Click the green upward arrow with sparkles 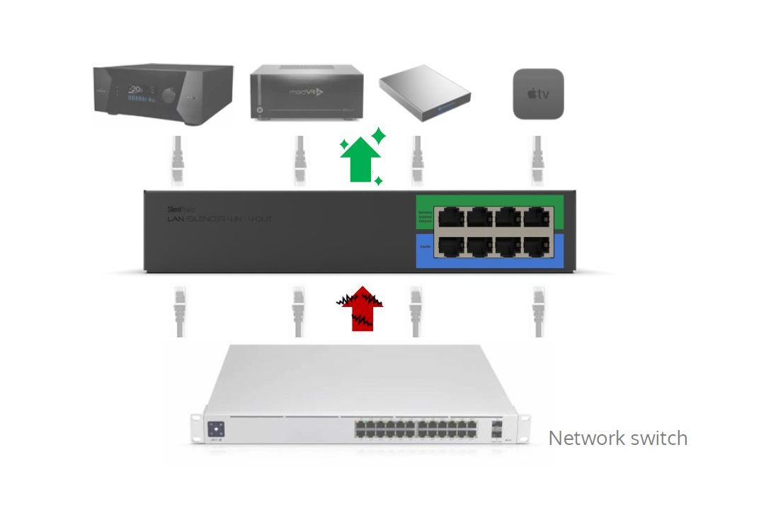[x=361, y=160]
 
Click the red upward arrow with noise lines [x=361, y=308]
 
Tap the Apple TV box [x=538, y=94]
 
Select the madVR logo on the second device [x=307, y=92]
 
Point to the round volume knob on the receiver [x=168, y=95]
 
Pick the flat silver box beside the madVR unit [x=425, y=92]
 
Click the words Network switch [x=617, y=438]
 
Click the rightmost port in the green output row [x=536, y=216]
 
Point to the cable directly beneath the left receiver [x=177, y=161]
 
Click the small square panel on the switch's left [x=215, y=429]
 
